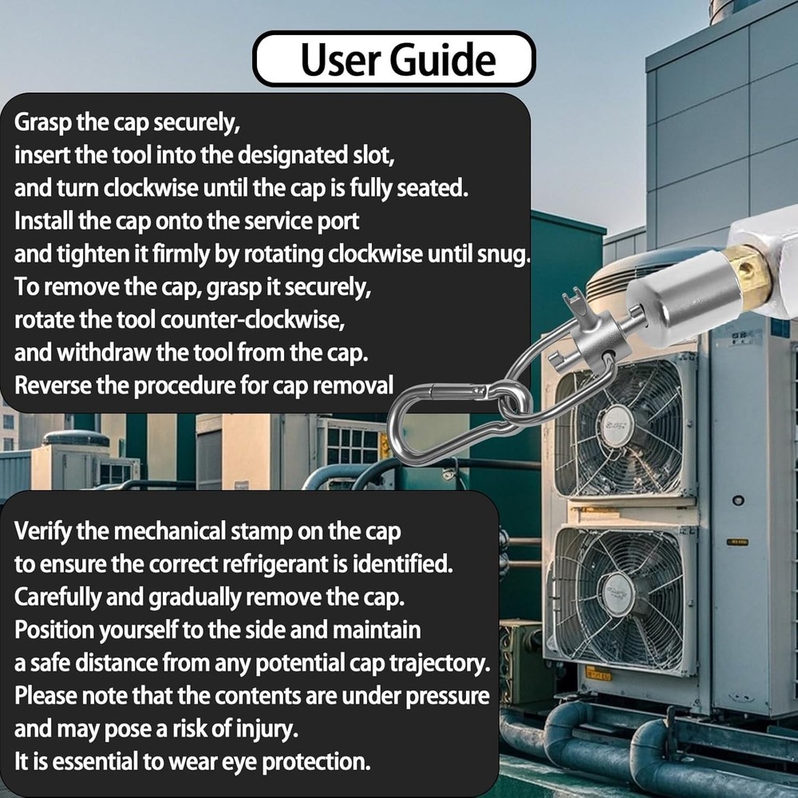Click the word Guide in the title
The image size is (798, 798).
[x=443, y=60]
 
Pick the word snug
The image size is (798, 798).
[x=504, y=255]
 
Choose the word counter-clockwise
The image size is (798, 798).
[x=253, y=320]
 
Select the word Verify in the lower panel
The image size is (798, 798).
[x=43, y=531]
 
